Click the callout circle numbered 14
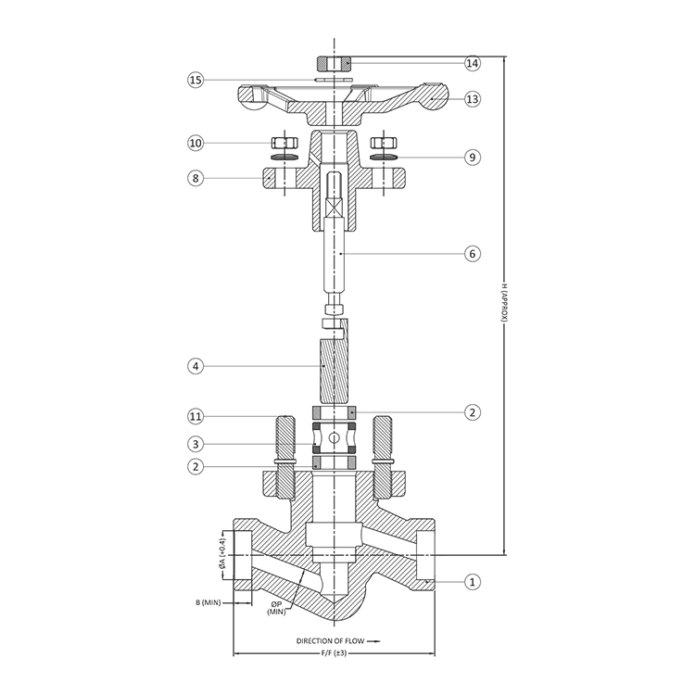click(x=473, y=63)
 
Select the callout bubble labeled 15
click(x=196, y=81)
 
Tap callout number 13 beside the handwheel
click(x=473, y=98)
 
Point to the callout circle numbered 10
click(x=196, y=143)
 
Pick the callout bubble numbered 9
click(x=473, y=158)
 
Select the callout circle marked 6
click(x=473, y=252)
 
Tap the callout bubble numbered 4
click(x=196, y=367)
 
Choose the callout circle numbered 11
click(x=196, y=416)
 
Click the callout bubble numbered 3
click(x=196, y=444)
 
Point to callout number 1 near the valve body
click(x=473, y=582)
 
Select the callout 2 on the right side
click(x=473, y=411)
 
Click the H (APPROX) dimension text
click(x=505, y=303)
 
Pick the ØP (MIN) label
click(x=276, y=608)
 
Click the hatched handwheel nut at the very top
click(x=334, y=64)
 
